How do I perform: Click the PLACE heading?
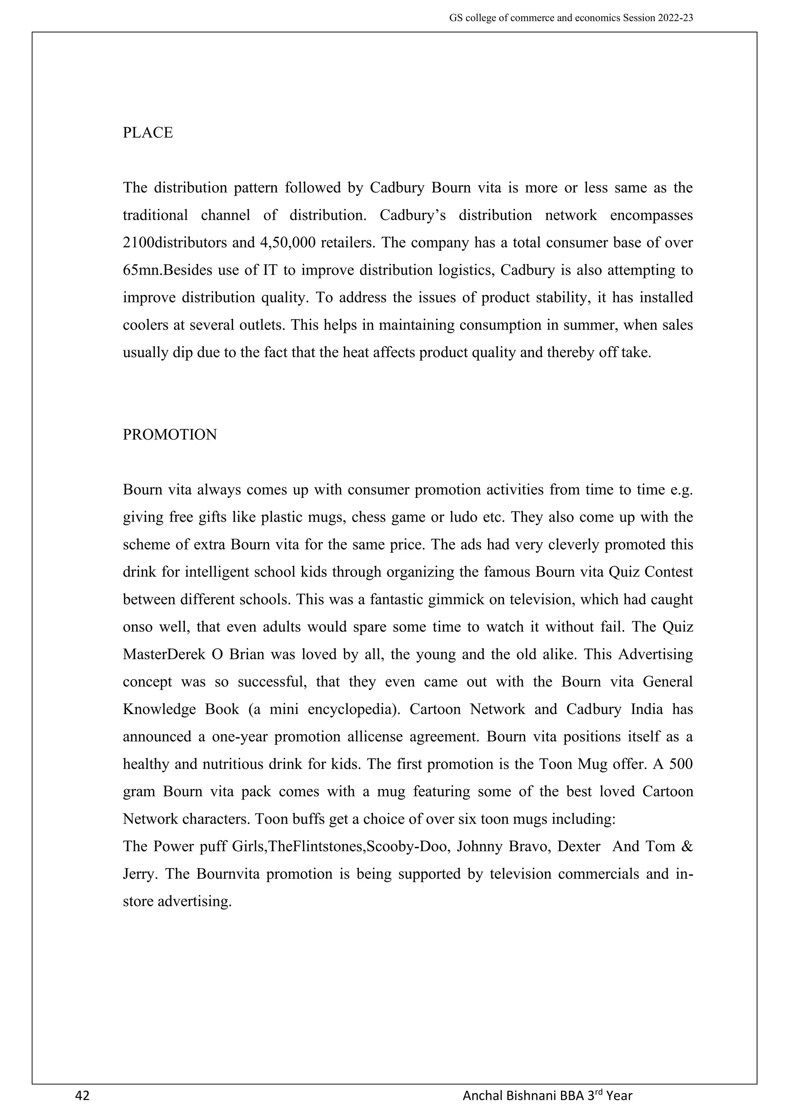coord(148,133)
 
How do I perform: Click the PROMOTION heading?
coord(170,435)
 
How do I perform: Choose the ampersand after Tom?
coord(687,847)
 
